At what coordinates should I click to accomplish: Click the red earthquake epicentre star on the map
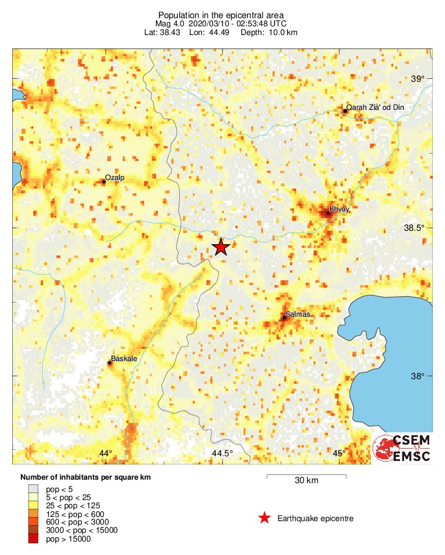[x=220, y=247]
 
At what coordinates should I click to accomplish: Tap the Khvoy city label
[x=339, y=209]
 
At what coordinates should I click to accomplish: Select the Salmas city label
[x=298, y=314]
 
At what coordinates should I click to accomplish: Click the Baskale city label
[x=123, y=359]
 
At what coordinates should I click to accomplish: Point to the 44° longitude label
[x=105, y=454]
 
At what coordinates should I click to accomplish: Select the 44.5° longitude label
[x=222, y=454]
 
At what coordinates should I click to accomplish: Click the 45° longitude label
[x=339, y=454]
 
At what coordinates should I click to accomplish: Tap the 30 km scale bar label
[x=306, y=481]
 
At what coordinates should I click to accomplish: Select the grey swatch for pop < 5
[x=34, y=489]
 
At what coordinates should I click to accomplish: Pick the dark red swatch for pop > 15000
[x=34, y=539]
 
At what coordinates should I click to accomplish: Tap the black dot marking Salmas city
[x=284, y=318]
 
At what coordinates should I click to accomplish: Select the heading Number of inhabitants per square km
[x=85, y=477]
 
